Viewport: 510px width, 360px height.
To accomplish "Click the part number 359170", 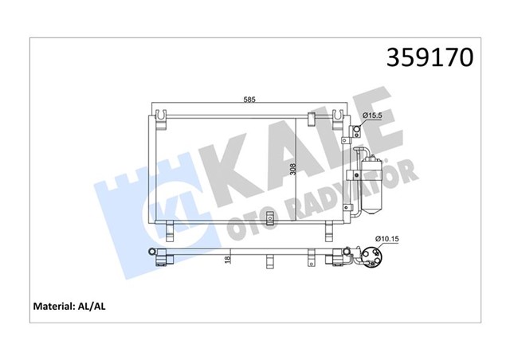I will coord(430,57).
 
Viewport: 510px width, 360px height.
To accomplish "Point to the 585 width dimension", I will coord(249,100).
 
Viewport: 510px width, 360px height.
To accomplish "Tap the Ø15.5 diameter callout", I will coord(374,117).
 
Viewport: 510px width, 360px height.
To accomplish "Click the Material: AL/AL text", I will coord(73,306).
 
